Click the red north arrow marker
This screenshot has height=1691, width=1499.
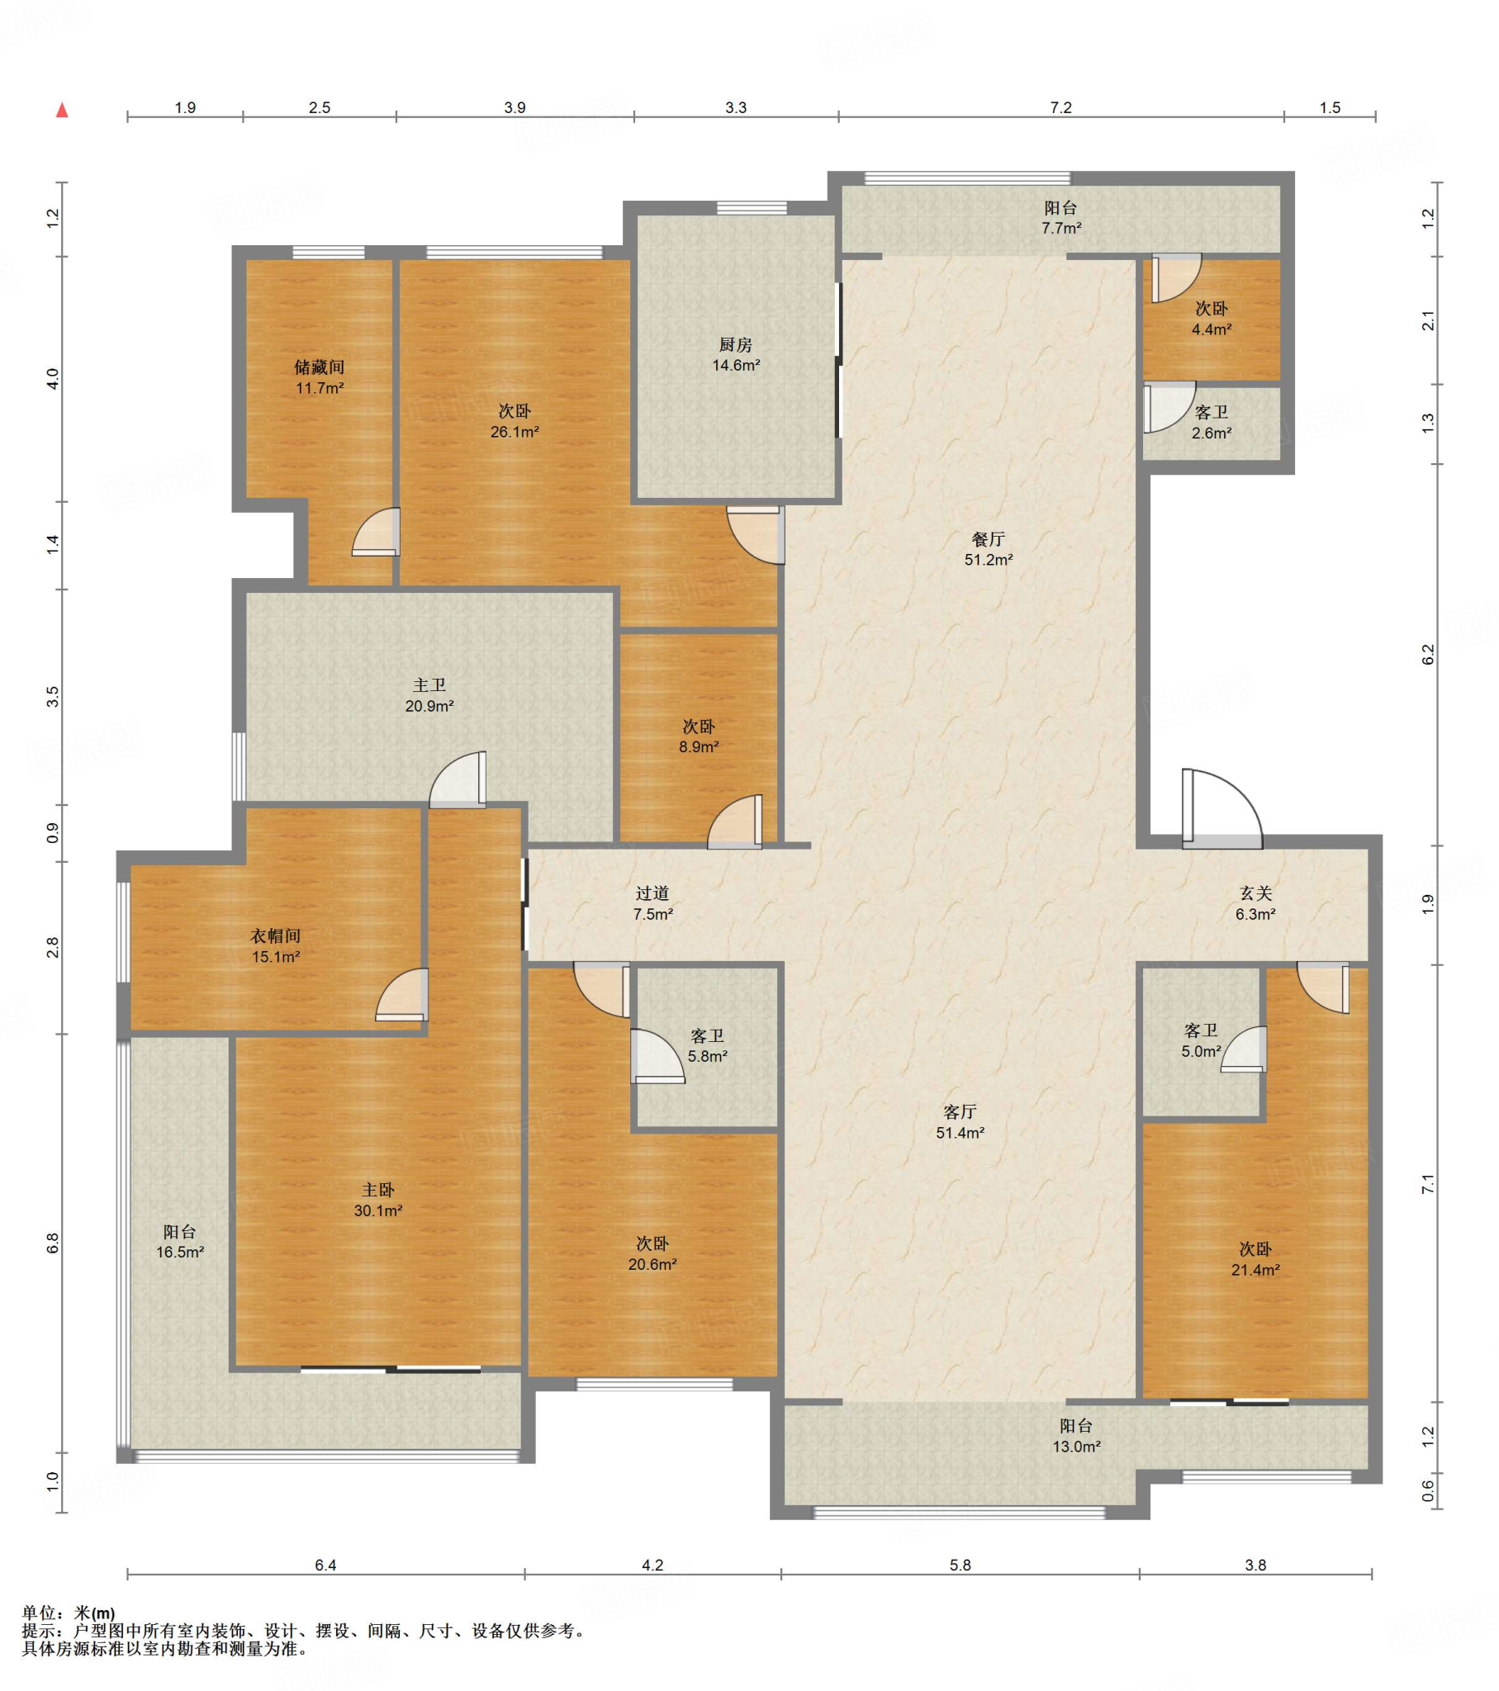click(x=62, y=110)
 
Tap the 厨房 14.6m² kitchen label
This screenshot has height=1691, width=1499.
click(x=736, y=354)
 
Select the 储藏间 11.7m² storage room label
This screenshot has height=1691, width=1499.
click(x=320, y=377)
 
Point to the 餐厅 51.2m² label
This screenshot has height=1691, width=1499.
click(x=989, y=548)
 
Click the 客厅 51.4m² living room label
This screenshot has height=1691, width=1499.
click(x=961, y=1122)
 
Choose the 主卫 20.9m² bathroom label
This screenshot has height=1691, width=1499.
click(x=429, y=695)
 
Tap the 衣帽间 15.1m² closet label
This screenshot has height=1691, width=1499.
click(x=276, y=946)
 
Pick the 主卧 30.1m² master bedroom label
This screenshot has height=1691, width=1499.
click(x=378, y=1200)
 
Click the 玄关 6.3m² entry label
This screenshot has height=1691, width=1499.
click(x=1255, y=903)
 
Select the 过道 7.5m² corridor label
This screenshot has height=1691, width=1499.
click(x=652, y=903)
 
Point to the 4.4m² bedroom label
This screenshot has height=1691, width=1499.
click(x=1212, y=319)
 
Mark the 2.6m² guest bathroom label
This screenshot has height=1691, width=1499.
click(x=1212, y=422)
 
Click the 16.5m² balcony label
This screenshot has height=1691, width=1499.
click(x=180, y=1242)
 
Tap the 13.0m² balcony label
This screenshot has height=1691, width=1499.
click(x=1076, y=1435)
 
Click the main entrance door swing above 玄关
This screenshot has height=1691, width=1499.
click(x=1222, y=809)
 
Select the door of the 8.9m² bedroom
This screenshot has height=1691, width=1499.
click(x=735, y=822)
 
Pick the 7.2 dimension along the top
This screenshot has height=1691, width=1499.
click(x=1061, y=107)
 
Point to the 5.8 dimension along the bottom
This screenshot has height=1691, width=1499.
click(x=961, y=1565)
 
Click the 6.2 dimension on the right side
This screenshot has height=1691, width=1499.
click(x=1428, y=655)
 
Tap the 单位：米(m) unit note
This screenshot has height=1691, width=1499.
click(x=69, y=1613)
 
